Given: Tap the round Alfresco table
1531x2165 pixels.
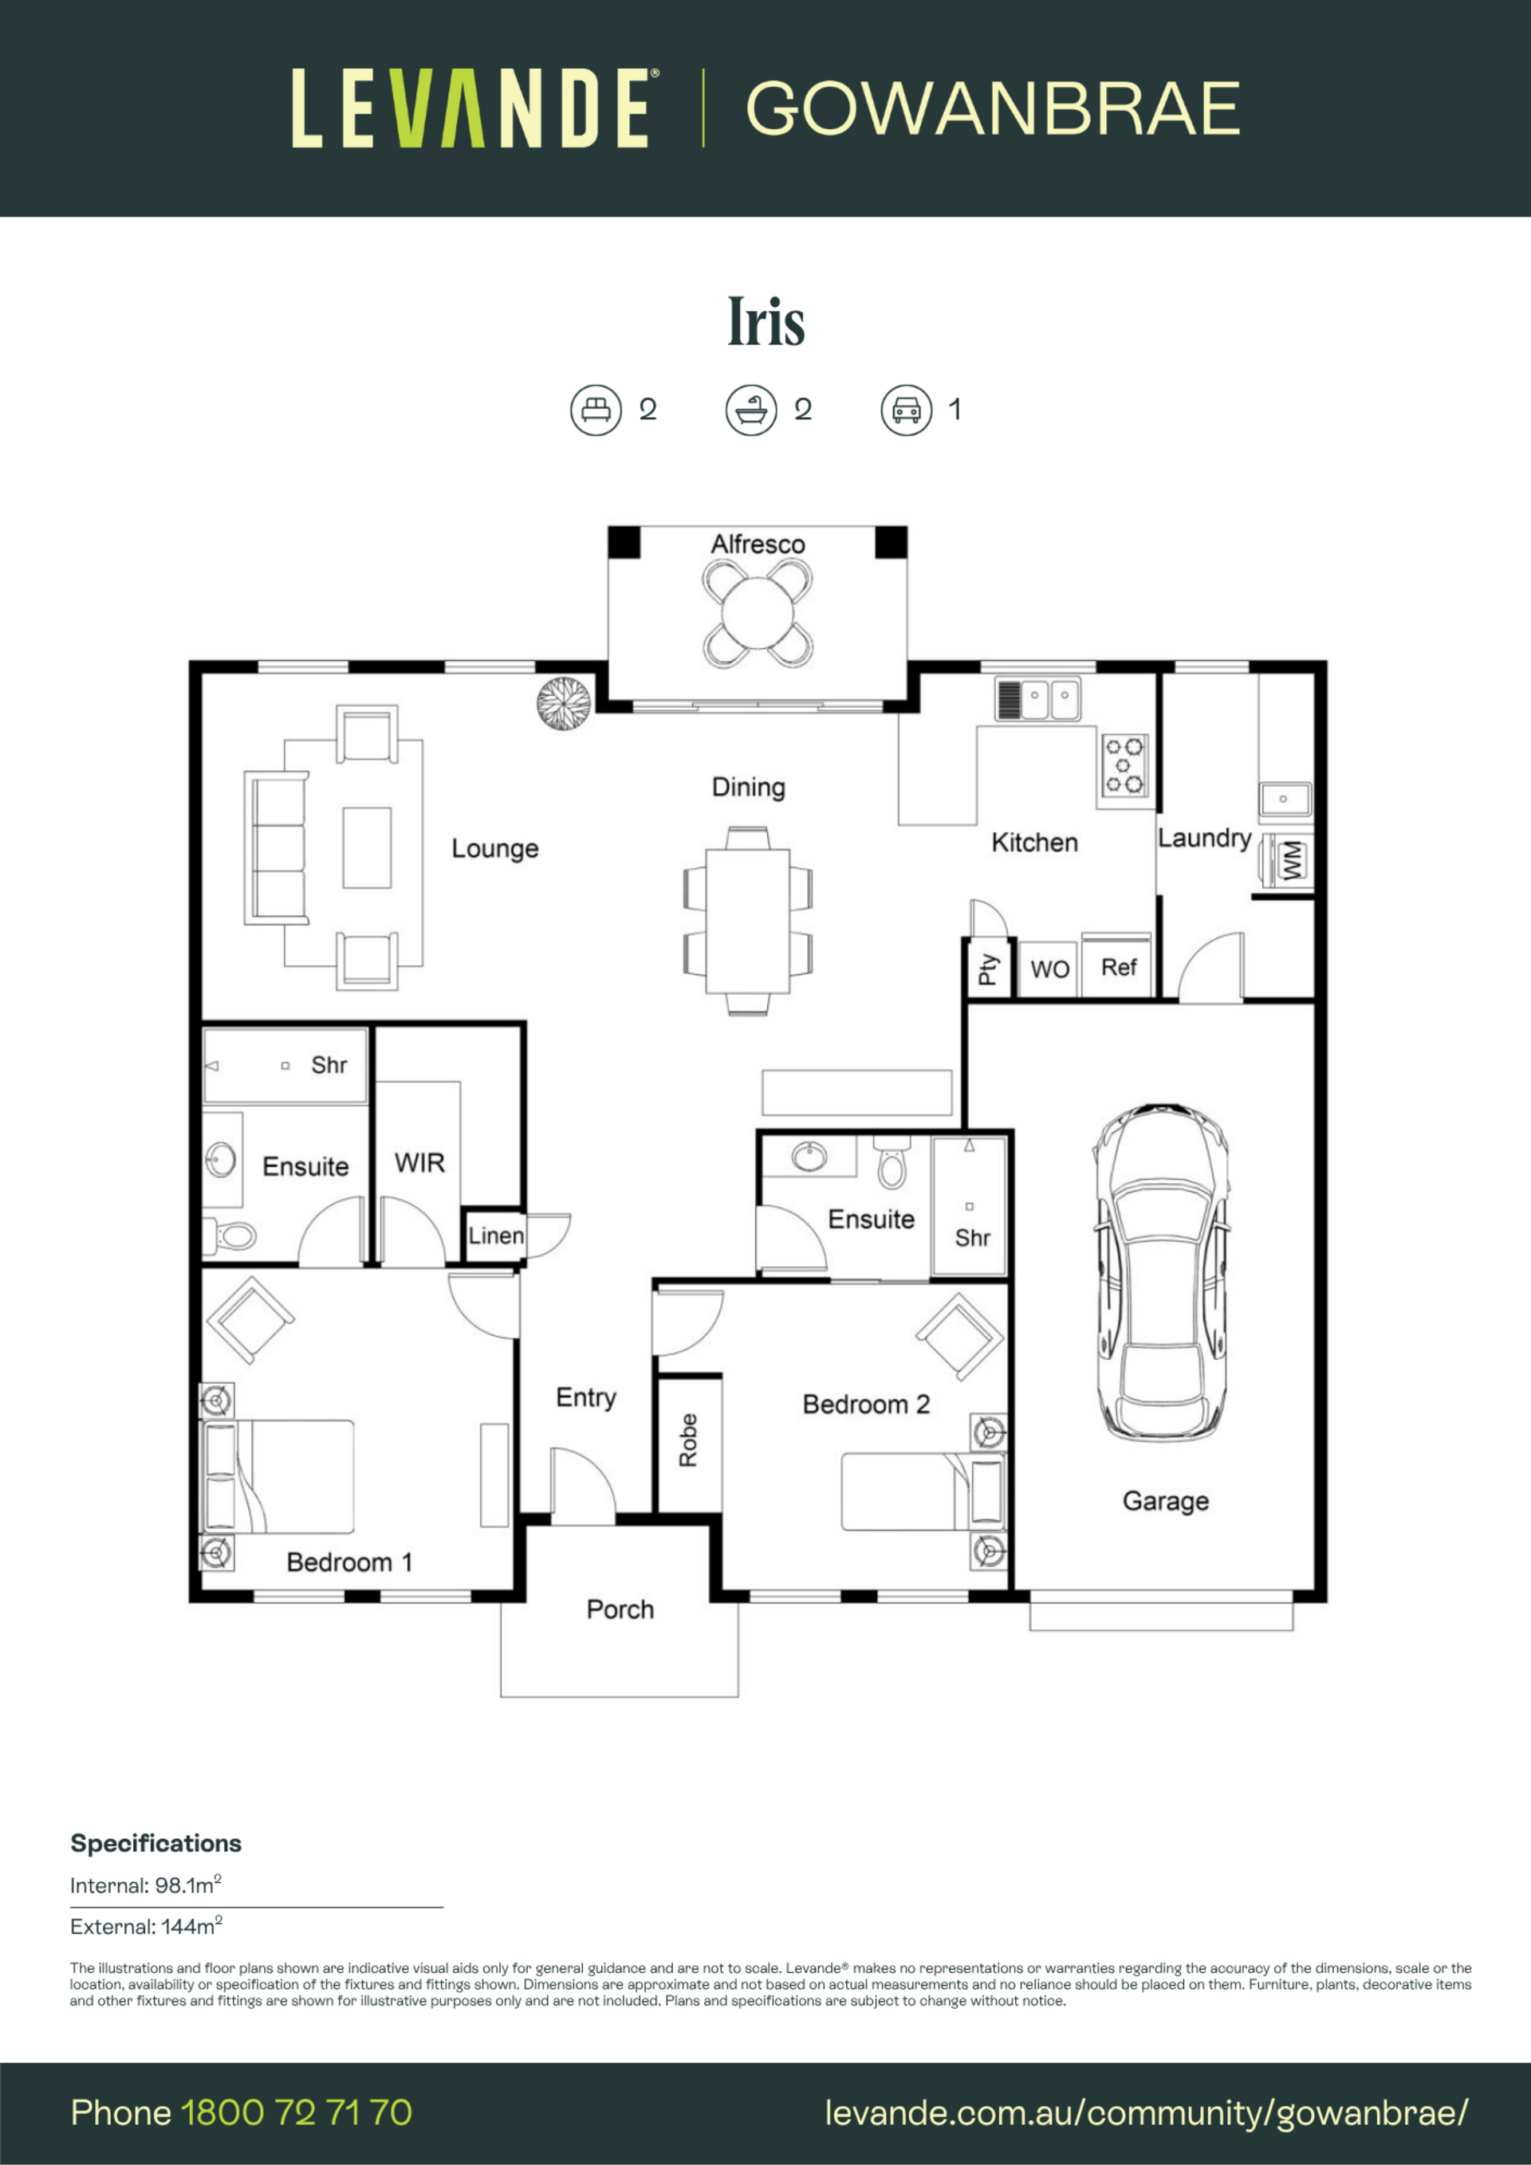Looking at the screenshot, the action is point(758,613).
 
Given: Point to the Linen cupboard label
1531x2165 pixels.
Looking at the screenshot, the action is point(496,1236).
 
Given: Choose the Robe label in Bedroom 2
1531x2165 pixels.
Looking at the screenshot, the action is point(689,1440).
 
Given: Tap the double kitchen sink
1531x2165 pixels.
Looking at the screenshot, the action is point(1037,699).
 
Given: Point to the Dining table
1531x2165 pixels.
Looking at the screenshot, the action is point(748,921).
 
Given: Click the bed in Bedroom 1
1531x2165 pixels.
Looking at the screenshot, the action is point(277,1476).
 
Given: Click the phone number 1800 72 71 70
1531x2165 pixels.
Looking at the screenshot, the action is point(296,2112).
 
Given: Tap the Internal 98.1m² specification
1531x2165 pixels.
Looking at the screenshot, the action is point(146,1885).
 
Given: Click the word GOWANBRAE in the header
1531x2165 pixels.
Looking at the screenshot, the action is point(993,108).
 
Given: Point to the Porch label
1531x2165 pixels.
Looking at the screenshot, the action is point(620,1609).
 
